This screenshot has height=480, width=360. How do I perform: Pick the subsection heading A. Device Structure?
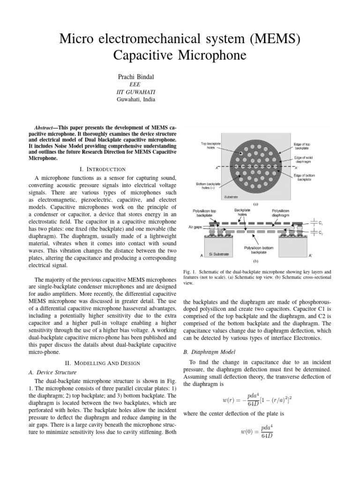point(46,372)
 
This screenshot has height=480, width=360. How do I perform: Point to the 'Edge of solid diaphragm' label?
point(307,159)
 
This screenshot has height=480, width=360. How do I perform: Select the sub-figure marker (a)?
point(256,204)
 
